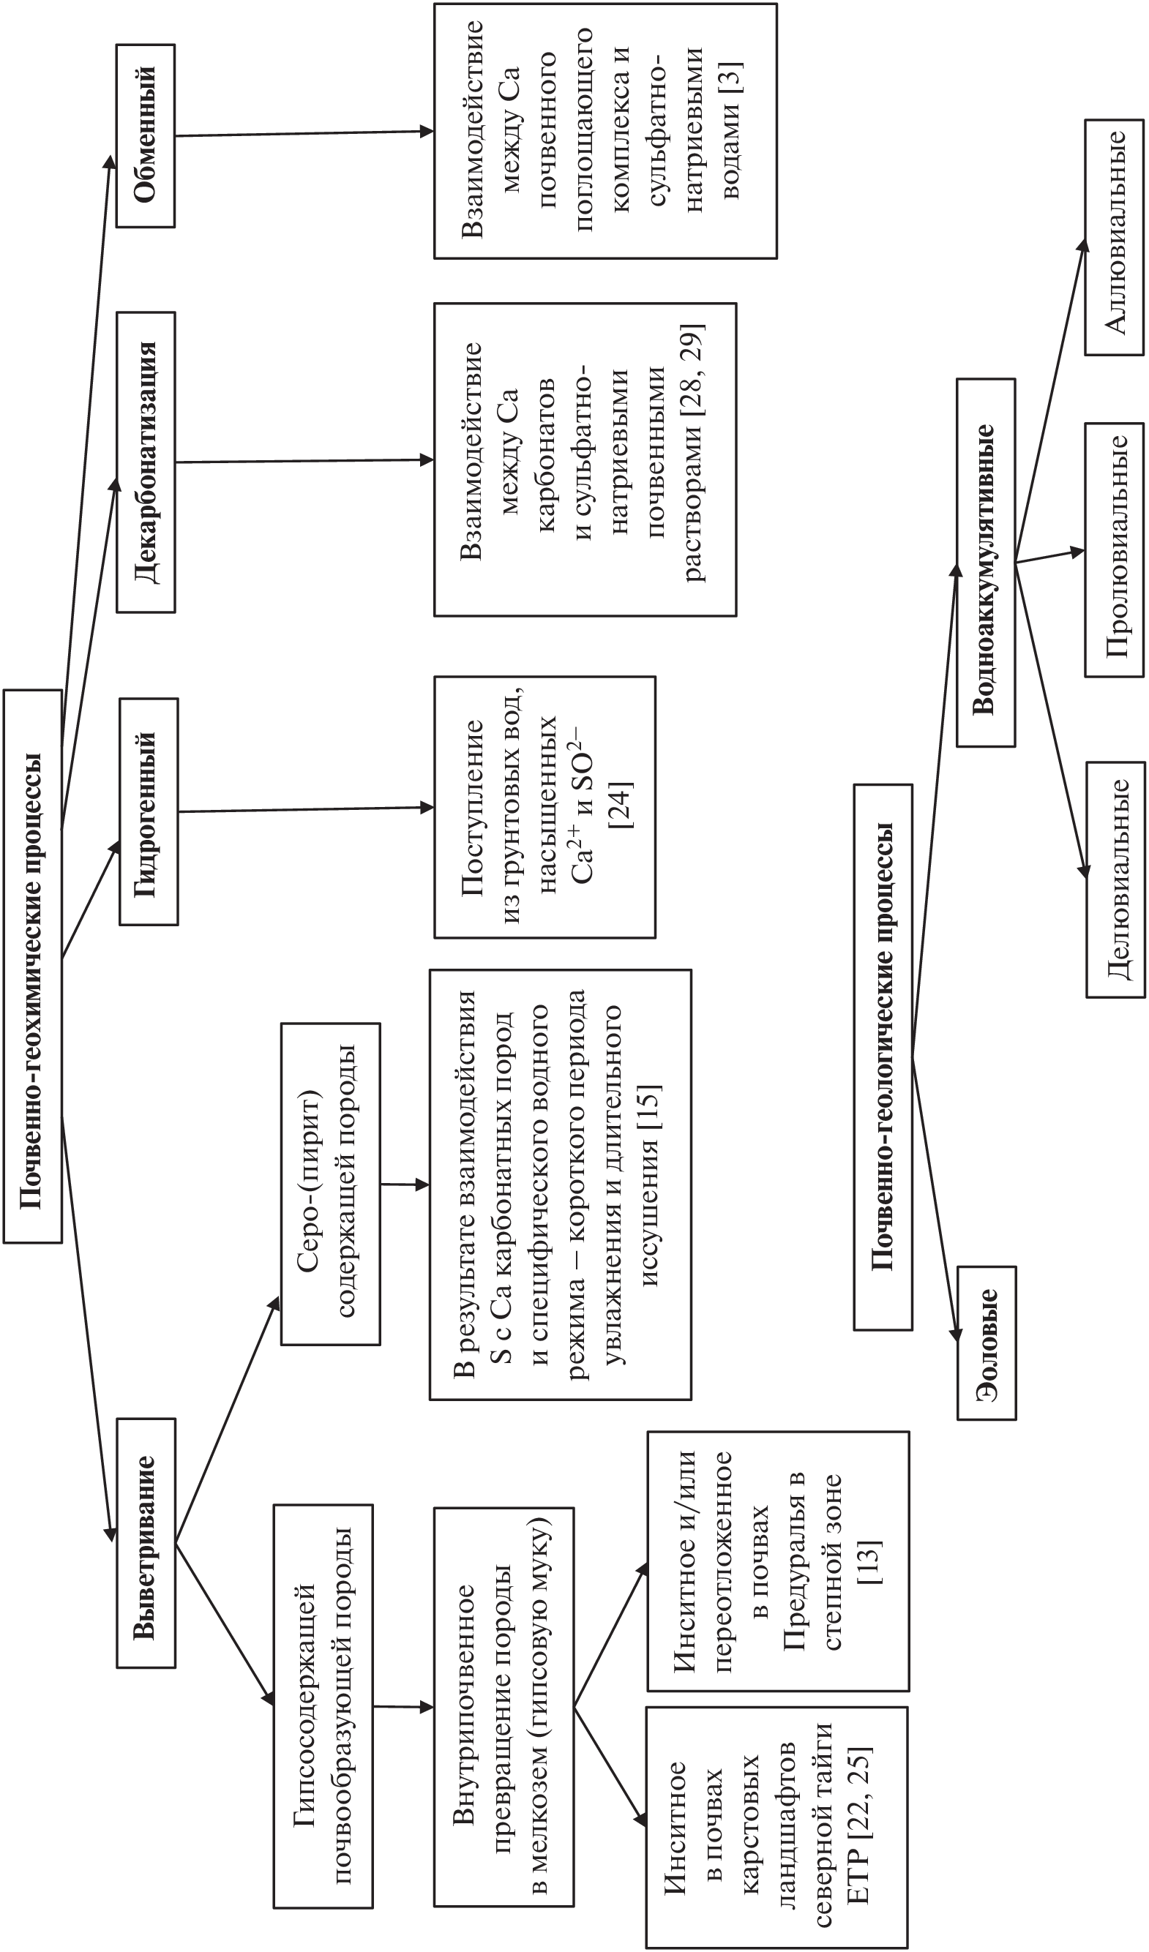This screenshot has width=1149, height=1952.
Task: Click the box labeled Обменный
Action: point(146,135)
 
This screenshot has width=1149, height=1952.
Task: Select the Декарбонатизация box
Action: point(146,462)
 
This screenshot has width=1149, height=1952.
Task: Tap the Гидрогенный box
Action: point(149,812)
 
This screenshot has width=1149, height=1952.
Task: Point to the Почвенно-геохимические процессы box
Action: point(32,966)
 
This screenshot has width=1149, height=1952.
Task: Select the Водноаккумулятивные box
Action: point(986,563)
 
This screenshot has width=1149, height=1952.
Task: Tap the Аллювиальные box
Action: point(1114,237)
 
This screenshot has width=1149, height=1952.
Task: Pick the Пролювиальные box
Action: point(1114,550)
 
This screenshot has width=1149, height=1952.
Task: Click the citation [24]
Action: point(621,806)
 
